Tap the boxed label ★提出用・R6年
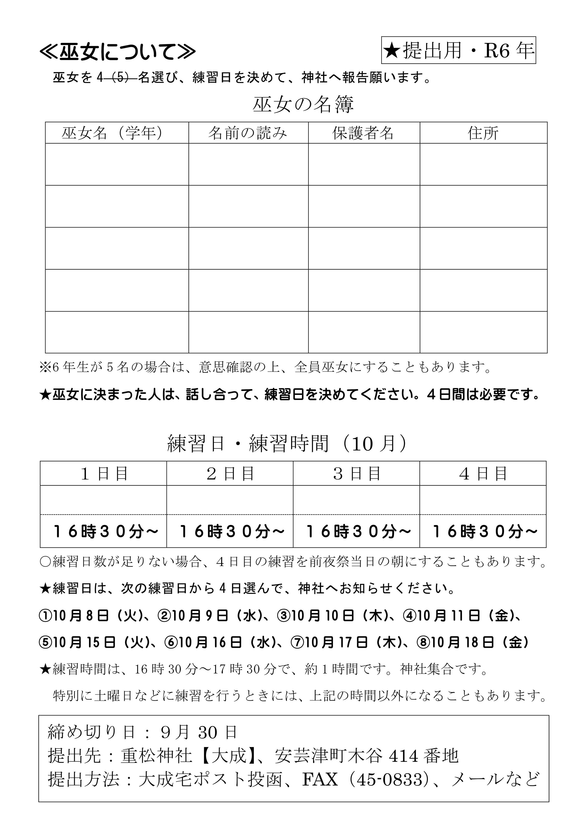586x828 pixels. [458, 50]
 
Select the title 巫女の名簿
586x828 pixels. [303, 105]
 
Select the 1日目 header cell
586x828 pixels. [103, 474]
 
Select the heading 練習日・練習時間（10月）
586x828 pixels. [288, 443]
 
